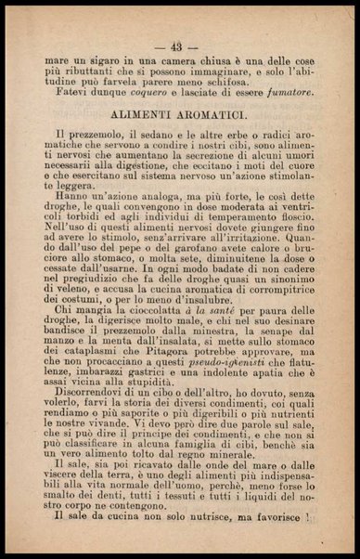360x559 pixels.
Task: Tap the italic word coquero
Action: pos(135,93)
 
